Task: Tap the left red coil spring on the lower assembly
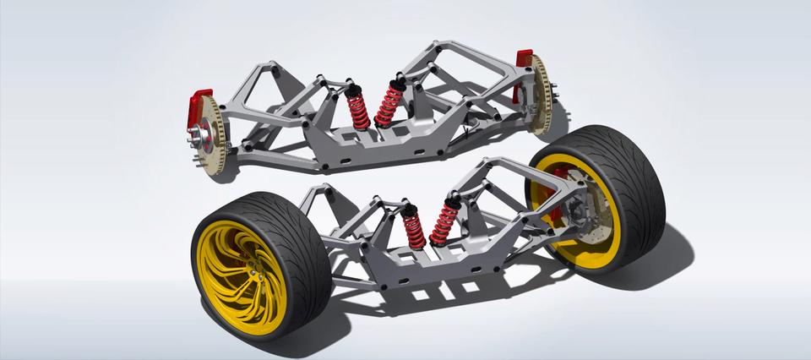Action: click(413, 228)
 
